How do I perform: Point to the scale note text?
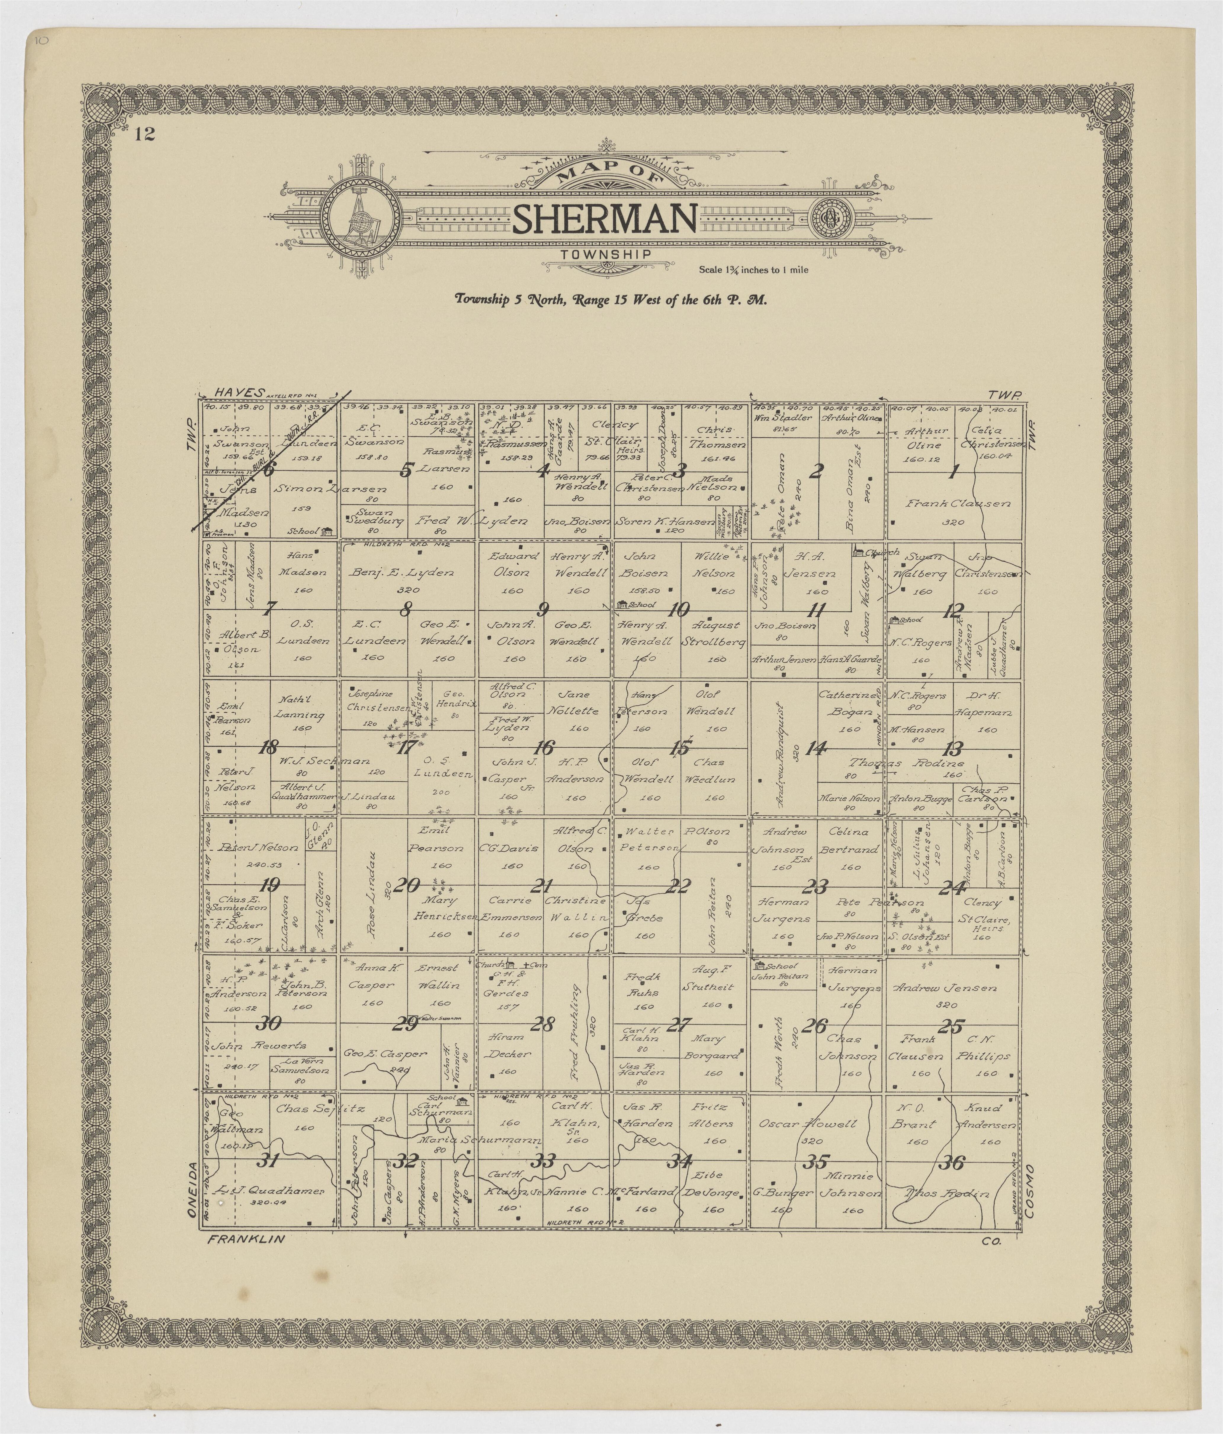[x=753, y=270]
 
